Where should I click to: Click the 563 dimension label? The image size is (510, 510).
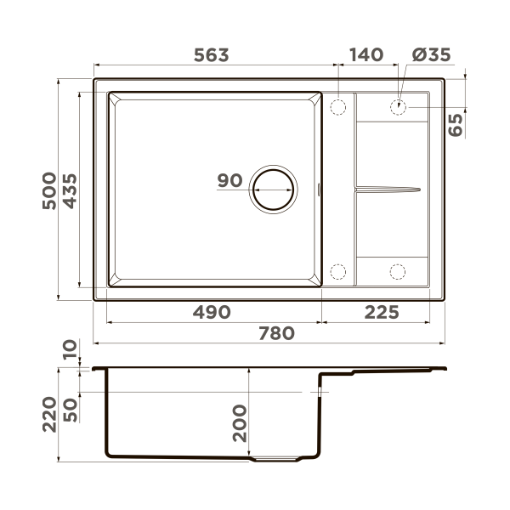[211, 55]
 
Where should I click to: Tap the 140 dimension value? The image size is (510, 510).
[365, 55]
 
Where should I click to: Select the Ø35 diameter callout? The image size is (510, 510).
[431, 55]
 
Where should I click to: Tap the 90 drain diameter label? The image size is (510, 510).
[229, 180]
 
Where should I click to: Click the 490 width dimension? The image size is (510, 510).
[211, 312]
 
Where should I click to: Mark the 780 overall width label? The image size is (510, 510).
[277, 333]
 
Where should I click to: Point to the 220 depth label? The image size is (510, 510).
[48, 414]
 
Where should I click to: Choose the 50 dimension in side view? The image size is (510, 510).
[70, 407]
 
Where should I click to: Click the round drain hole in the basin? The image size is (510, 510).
[273, 188]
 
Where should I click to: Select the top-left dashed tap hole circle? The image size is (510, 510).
[337, 107]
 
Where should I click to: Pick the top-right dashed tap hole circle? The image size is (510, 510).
[398, 107]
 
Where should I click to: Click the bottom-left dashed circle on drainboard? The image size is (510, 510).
[337, 272]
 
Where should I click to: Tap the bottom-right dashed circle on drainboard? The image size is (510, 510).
[398, 272]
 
